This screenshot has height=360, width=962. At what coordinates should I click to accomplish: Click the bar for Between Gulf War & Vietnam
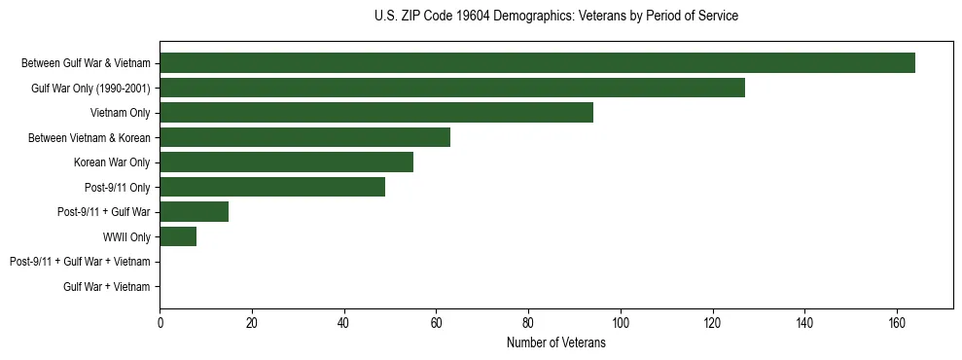(537, 63)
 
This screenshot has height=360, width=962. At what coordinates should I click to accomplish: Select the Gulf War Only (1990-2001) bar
(452, 88)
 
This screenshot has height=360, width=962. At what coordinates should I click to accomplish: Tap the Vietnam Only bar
(376, 113)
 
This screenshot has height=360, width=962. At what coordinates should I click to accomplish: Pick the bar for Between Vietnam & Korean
(304, 137)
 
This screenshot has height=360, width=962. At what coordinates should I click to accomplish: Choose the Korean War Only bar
(286, 162)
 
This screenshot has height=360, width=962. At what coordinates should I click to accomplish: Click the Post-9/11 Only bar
(272, 187)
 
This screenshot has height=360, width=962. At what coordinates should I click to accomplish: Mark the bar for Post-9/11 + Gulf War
(194, 212)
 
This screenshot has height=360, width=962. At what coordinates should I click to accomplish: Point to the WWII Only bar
(178, 236)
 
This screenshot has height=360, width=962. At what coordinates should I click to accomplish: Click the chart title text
(556, 17)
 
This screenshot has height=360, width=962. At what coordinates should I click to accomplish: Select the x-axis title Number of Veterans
(556, 343)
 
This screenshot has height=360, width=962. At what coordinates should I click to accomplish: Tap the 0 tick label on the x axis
(160, 323)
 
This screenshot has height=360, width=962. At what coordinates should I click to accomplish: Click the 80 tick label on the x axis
(528, 323)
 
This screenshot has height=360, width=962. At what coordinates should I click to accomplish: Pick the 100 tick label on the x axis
(621, 323)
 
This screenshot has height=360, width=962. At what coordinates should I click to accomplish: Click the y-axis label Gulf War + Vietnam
(107, 287)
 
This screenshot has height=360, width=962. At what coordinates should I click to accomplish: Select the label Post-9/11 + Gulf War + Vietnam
(80, 262)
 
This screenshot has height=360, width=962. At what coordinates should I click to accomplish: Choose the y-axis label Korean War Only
(112, 162)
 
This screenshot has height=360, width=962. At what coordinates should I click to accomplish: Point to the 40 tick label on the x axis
(344, 323)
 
